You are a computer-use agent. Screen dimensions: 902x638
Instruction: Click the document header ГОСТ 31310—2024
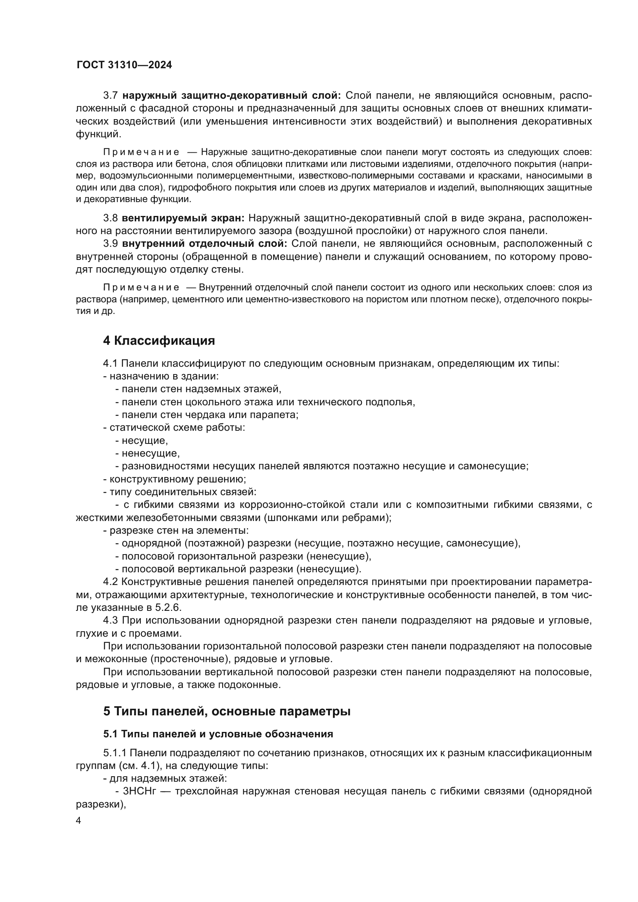tap(124, 65)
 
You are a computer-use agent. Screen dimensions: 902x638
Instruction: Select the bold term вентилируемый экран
tap(183, 218)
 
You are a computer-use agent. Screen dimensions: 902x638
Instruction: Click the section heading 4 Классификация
tap(159, 341)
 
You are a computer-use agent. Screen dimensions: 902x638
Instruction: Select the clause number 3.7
tap(110, 96)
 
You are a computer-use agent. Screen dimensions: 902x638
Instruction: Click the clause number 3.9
tap(110, 244)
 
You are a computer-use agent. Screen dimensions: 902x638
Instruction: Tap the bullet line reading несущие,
tap(144, 440)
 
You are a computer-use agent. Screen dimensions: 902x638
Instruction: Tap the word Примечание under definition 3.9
tap(141, 288)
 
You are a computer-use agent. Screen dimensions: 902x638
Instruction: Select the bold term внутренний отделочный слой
tap(205, 244)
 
